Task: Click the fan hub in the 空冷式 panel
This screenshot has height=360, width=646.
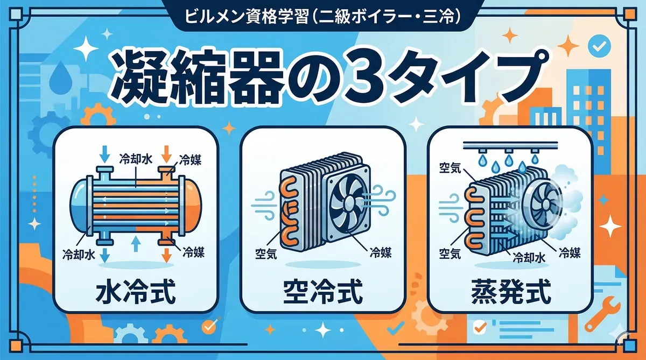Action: coord(349,201)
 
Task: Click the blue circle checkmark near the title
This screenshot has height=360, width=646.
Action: coord(599,46)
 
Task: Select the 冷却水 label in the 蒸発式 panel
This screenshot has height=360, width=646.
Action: coord(529,258)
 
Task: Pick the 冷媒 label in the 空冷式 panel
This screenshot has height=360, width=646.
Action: coord(381,253)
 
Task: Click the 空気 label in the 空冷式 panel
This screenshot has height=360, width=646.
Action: coord(266,254)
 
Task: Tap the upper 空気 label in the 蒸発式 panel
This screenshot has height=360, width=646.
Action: coord(450,168)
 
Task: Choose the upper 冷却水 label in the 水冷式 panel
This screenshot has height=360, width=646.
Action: coord(136,159)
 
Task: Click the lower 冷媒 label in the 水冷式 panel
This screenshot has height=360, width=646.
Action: coord(193,252)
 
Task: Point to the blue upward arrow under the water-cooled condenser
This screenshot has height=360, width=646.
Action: coord(136,244)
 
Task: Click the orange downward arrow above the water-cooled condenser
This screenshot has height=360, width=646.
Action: coord(166,154)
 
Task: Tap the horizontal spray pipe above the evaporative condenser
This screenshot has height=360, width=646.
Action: coord(510,145)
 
